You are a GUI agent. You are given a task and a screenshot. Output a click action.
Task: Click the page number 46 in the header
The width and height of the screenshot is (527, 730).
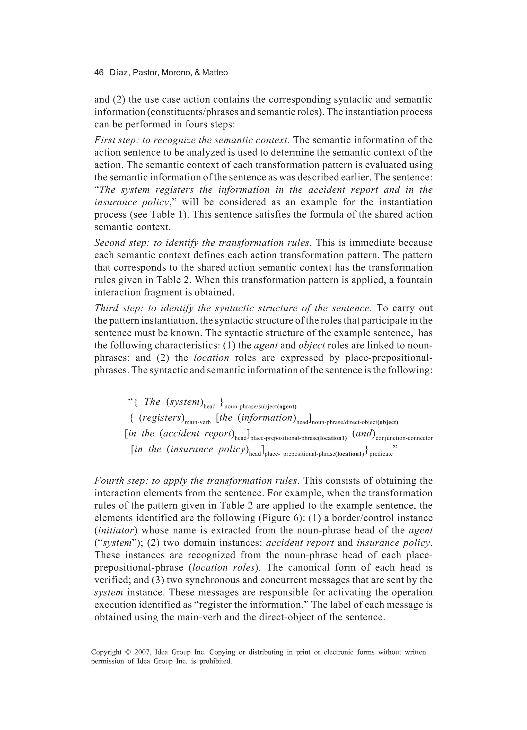(99, 73)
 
